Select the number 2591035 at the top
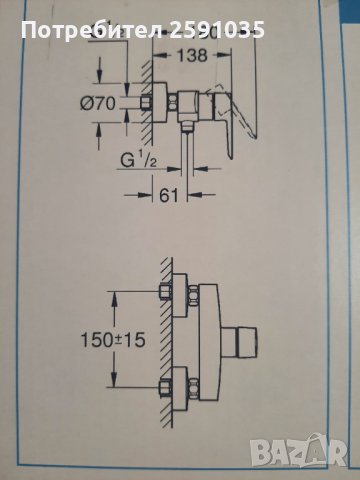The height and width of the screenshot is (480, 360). pos(224,31)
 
